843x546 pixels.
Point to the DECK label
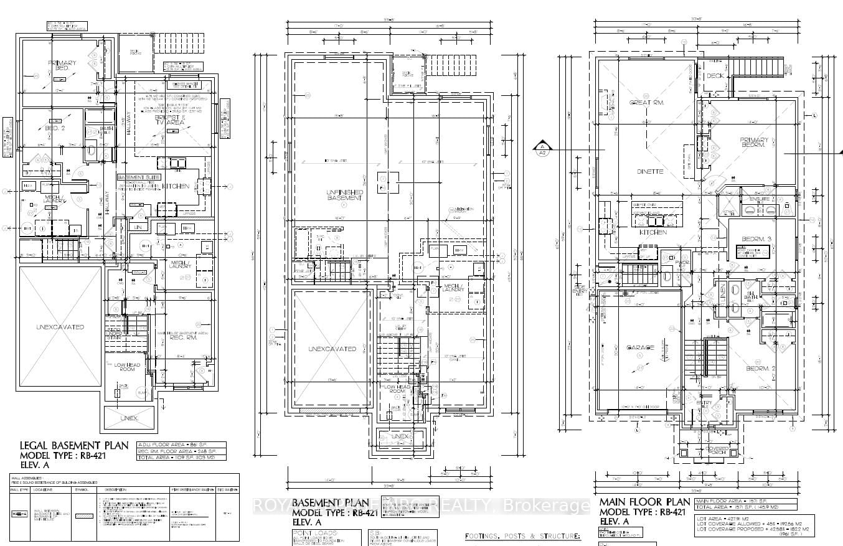coord(715,76)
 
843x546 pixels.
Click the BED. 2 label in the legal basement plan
coord(55,128)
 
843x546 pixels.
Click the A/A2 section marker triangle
coord(542,148)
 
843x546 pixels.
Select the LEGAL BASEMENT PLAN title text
coord(74,445)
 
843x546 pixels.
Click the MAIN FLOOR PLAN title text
coord(644,502)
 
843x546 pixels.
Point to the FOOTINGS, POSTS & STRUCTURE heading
coord(522,536)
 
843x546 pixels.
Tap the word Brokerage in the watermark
coord(548,506)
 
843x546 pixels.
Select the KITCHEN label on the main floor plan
coord(654,232)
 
